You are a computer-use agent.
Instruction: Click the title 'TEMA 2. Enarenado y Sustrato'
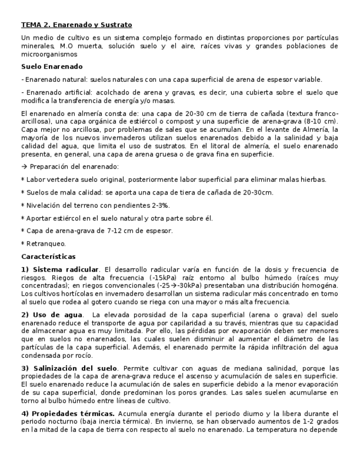[76, 25]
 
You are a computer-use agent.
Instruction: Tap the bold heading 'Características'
[48, 257]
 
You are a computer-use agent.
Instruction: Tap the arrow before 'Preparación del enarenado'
[24, 167]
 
